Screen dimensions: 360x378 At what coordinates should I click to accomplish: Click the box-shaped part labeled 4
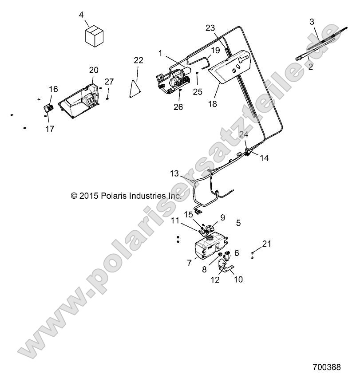pos(94,36)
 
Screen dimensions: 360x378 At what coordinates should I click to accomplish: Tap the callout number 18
pos(213,104)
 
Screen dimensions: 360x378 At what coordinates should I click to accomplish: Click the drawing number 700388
pos(326,367)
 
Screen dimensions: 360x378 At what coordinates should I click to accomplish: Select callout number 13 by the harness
pos(174,173)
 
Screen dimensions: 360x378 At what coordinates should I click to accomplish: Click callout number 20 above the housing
pos(94,70)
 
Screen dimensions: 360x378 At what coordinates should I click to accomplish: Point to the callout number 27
pos(109,82)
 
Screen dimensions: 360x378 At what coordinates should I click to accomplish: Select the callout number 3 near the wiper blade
pos(312,22)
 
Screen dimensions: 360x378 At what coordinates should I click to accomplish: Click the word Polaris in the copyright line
pos(114,196)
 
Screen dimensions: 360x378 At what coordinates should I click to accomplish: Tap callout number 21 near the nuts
pos(267,244)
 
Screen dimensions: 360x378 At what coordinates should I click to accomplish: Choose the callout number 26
pos(178,107)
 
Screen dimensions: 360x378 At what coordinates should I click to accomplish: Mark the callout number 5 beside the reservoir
pos(238,223)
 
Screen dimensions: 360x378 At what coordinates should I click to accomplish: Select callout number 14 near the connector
pos(264,158)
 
